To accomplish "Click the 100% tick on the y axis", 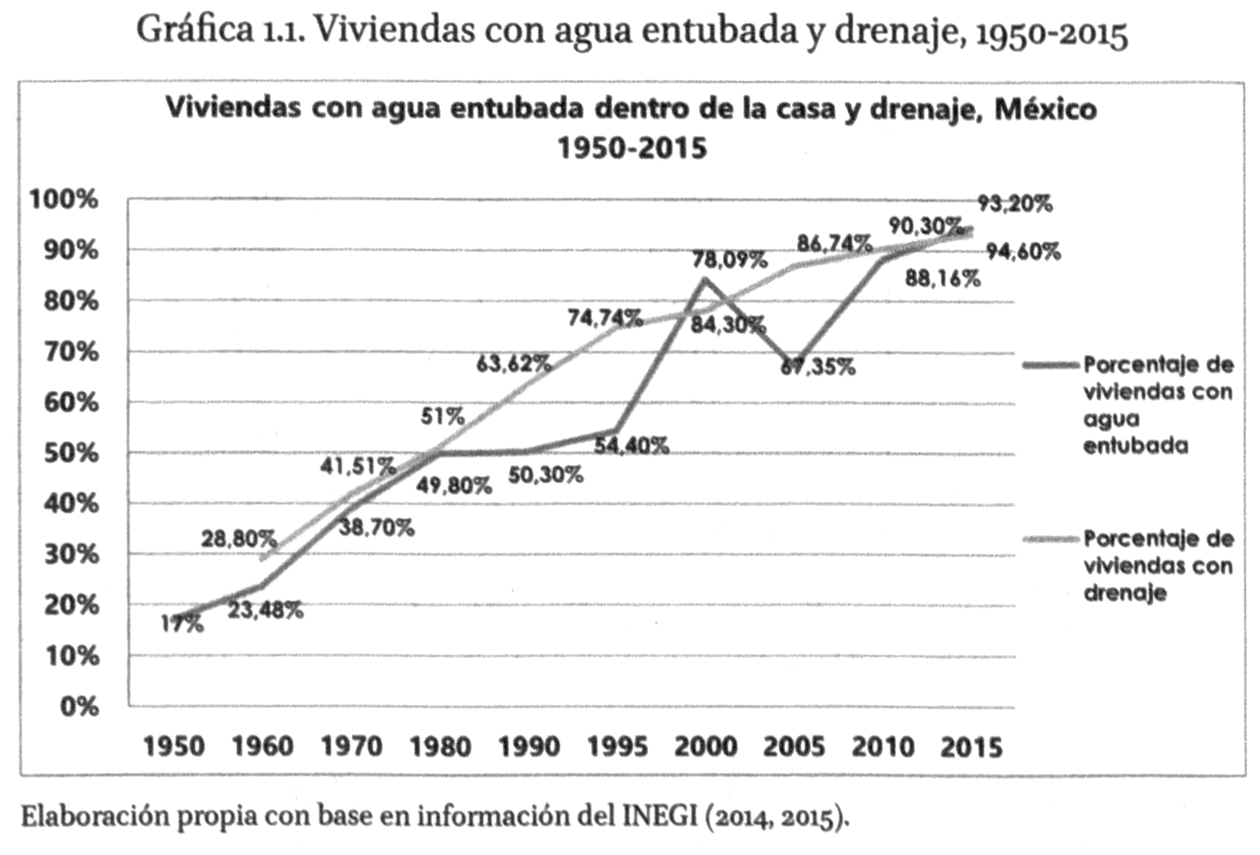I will [x=64, y=200].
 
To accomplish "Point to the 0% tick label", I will [x=78, y=707].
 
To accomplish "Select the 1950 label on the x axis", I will [x=174, y=746].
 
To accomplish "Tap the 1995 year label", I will [x=617, y=746].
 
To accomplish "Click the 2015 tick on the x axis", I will [x=971, y=746].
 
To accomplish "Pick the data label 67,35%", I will [x=818, y=368].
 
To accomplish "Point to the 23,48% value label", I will [x=265, y=610].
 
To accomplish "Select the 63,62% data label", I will [x=514, y=364].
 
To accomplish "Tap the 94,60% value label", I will [x=1023, y=252].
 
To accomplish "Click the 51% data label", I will [x=442, y=417].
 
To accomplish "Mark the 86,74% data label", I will [x=834, y=244].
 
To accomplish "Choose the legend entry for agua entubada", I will [x=1157, y=405].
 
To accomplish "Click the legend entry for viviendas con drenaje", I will [x=1157, y=565].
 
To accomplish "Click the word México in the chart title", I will [x=1045, y=109].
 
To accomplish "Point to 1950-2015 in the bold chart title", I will [x=632, y=148].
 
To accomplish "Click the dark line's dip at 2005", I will [x=795, y=363].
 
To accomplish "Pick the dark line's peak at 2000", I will [x=706, y=279].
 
